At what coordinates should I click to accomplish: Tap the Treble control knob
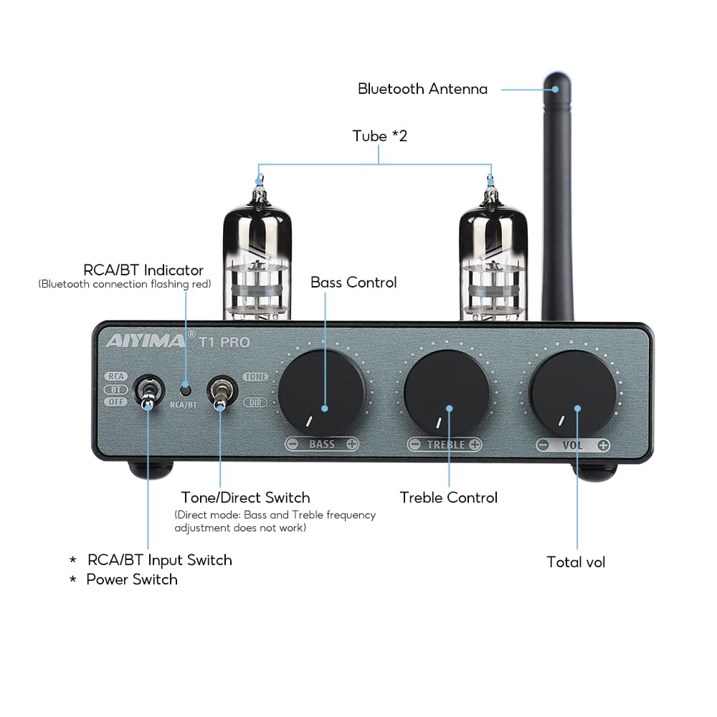(447, 391)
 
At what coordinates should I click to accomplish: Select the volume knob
(573, 391)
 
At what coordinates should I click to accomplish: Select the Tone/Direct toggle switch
(219, 393)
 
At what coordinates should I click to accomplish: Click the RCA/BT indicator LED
(186, 390)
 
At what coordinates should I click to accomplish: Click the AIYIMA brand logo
(146, 341)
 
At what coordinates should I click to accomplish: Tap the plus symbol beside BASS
(352, 445)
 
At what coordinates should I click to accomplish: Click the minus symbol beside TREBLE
(414, 445)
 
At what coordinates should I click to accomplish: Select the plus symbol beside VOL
(603, 445)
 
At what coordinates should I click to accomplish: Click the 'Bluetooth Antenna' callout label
(422, 89)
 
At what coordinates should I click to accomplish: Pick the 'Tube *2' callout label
(379, 136)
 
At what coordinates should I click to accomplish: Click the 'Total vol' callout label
(576, 562)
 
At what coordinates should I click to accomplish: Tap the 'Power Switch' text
(132, 579)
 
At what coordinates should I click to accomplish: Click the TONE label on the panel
(255, 376)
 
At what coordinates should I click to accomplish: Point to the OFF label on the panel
(115, 402)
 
